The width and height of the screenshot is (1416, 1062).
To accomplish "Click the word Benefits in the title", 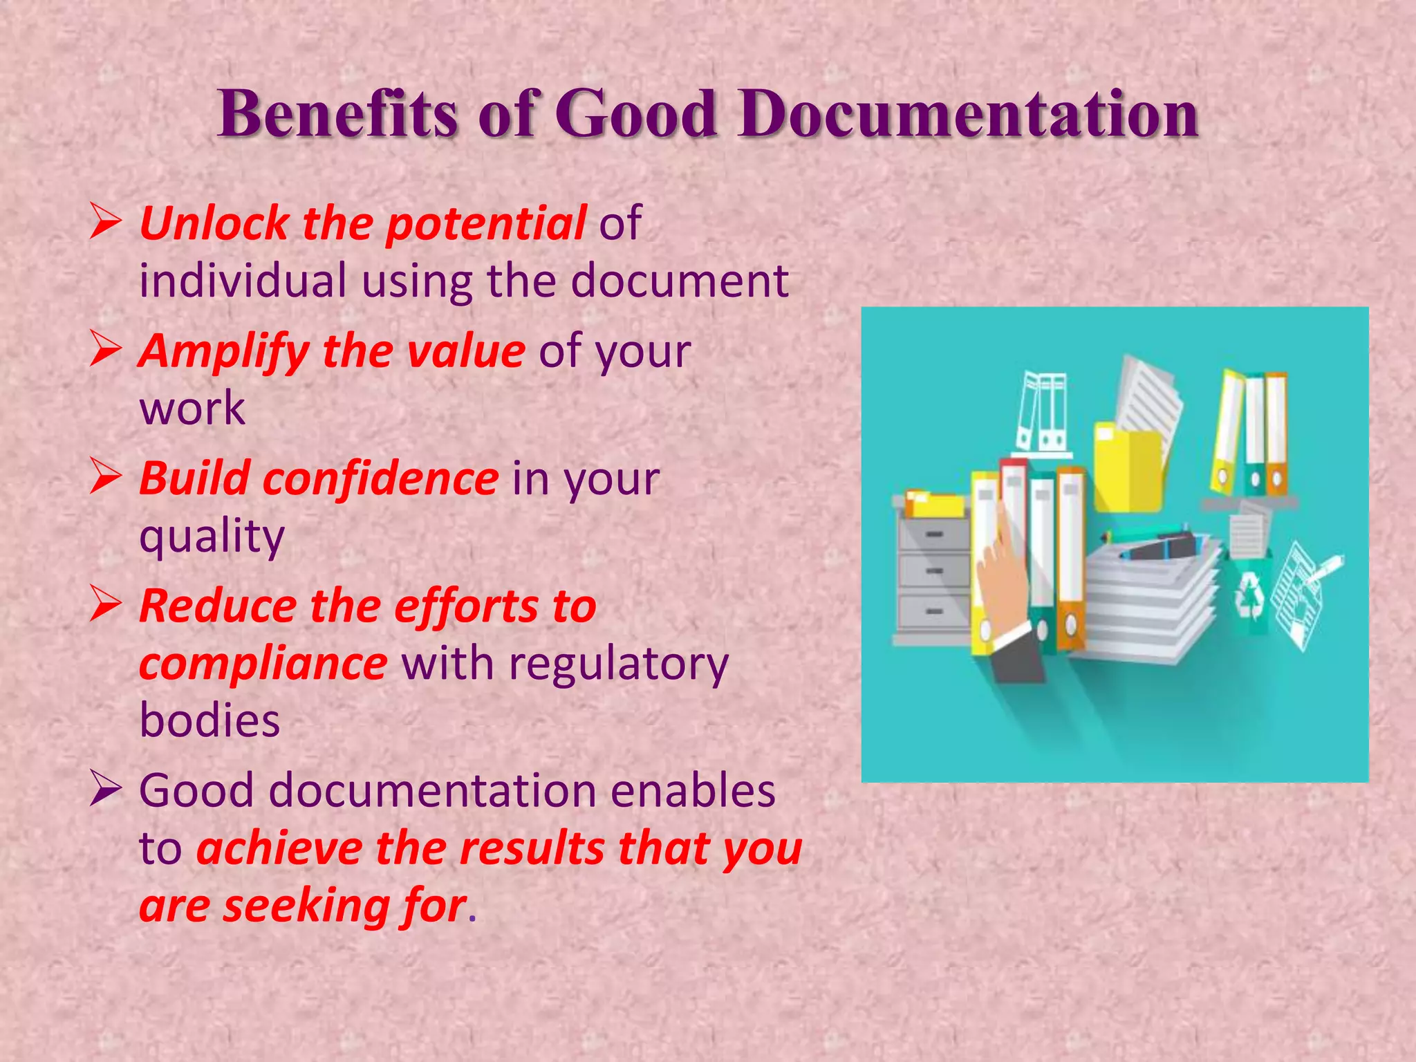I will pyautogui.click(x=337, y=113).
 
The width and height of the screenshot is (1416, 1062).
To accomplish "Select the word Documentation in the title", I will pyautogui.click(x=968, y=113).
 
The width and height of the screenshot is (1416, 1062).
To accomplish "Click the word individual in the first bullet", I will pyautogui.click(x=243, y=281).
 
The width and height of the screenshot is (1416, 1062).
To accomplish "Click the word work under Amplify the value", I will pyautogui.click(x=192, y=408).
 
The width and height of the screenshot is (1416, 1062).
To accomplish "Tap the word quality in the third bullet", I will pyautogui.click(x=212, y=537).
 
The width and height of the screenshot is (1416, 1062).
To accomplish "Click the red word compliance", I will pyautogui.click(x=263, y=664).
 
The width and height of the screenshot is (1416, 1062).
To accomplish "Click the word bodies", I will pyautogui.click(x=209, y=721).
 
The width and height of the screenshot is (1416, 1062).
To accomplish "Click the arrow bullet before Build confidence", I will pyautogui.click(x=106, y=478).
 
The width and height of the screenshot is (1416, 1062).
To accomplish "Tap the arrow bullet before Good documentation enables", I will pyautogui.click(x=106, y=790).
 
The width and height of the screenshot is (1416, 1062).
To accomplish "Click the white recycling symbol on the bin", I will pyautogui.click(x=1250, y=595).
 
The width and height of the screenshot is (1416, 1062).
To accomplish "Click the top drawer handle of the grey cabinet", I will pyautogui.click(x=933, y=534).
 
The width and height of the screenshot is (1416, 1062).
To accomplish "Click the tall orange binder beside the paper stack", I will pyautogui.click(x=1070, y=560).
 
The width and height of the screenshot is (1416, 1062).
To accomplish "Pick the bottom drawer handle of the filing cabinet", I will pyautogui.click(x=933, y=611).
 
